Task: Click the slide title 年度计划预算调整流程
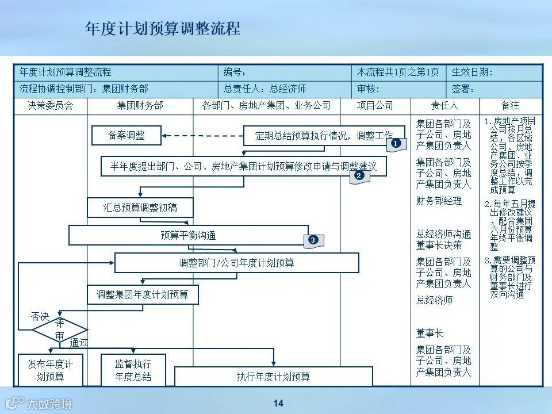point(163,29)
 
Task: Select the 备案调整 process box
point(126,136)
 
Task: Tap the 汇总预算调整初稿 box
point(140,208)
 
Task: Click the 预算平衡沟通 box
point(189,235)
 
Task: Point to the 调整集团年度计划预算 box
point(143,295)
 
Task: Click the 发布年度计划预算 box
point(50,370)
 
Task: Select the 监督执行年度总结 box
point(133,370)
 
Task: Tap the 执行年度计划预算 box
point(273,377)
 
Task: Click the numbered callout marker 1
point(396,143)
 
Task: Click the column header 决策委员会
point(50,106)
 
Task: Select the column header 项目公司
point(375,106)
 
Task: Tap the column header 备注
point(510,106)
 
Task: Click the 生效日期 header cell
point(473,72)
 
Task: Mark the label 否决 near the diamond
point(40,316)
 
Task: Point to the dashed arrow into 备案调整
point(201,136)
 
